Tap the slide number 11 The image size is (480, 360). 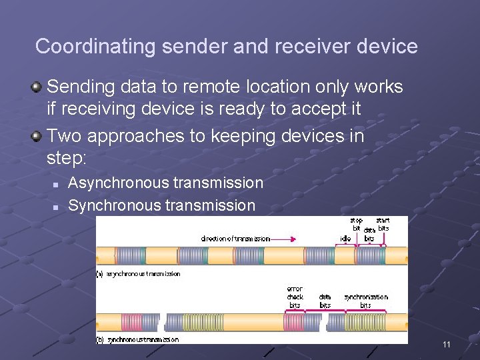coord(446,345)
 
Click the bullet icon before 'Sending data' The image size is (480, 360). coord(37,86)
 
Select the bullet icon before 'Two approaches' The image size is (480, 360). coord(37,136)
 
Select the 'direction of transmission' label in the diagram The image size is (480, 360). coord(235,238)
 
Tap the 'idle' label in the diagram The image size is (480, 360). coord(345,238)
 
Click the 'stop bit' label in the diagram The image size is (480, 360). coord(357,225)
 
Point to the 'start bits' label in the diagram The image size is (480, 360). coord(383,225)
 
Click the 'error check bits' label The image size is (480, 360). coord(295,297)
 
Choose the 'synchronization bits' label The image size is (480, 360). coord(366,301)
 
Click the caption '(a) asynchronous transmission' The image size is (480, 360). coord(139,274)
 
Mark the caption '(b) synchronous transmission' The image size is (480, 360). coord(138,339)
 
